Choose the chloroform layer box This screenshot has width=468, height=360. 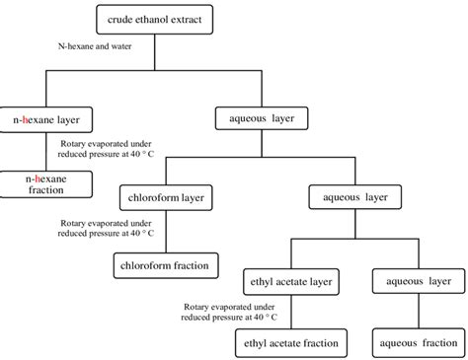pyautogui.click(x=166, y=197)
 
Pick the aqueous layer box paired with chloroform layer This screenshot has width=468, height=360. pyautogui.click(x=357, y=197)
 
